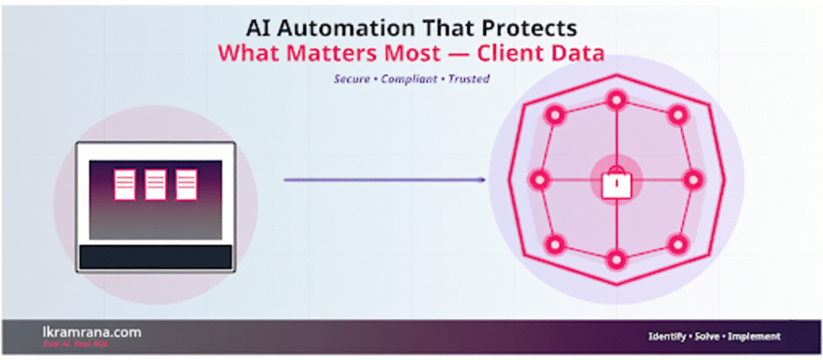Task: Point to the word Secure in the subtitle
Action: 350,80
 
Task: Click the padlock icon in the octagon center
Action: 616,184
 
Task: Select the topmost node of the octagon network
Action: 616,100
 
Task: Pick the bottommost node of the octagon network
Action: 616,260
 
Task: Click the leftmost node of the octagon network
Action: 539,179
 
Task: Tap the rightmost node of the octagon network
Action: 694,179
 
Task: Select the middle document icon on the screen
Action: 155,184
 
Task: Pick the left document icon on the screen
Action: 125,184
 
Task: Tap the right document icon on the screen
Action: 186,184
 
